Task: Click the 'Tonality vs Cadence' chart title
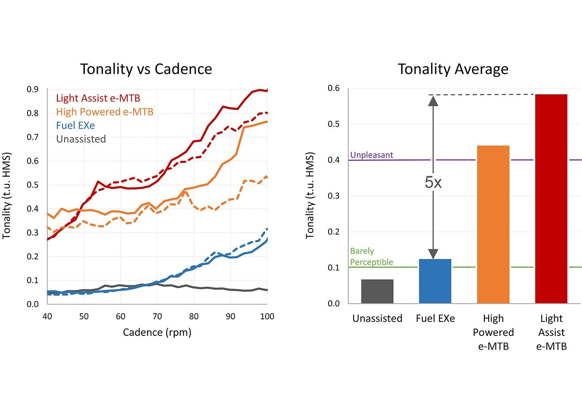click(146, 69)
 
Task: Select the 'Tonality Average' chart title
click(453, 69)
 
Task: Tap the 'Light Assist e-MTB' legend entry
click(98, 98)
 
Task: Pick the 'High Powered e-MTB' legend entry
click(105, 112)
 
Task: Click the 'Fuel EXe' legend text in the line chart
click(75, 125)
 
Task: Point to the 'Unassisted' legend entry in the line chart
click(81, 139)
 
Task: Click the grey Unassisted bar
click(377, 291)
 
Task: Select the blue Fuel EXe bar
click(435, 281)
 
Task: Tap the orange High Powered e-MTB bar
click(493, 224)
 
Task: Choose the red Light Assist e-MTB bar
click(551, 199)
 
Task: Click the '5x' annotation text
click(433, 183)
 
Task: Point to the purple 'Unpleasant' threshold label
click(371, 155)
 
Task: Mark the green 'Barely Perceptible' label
click(371, 257)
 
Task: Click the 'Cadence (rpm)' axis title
click(157, 332)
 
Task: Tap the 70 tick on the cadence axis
click(157, 317)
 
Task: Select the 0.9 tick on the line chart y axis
click(33, 89)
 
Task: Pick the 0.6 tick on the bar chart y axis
click(333, 88)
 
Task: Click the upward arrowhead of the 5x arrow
click(433, 100)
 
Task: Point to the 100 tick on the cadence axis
click(267, 317)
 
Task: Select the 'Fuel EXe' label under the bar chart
click(435, 319)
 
